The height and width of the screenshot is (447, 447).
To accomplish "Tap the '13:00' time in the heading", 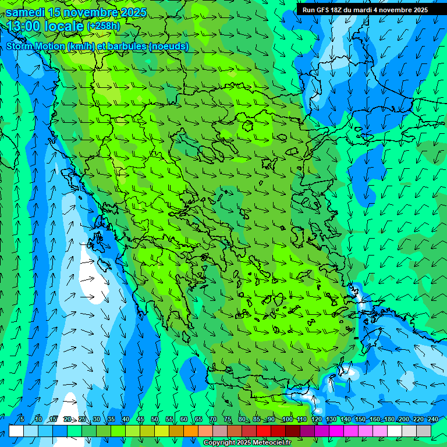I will [x=23, y=27].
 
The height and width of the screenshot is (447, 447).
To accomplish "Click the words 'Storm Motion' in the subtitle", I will [x=36, y=46].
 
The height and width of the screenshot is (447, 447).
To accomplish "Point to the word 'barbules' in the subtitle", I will [x=129, y=46].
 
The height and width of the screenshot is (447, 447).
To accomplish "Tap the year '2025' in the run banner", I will [x=418, y=10].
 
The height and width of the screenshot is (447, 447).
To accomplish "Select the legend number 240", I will [x=432, y=419].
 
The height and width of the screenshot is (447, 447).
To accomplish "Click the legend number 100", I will [x=287, y=419].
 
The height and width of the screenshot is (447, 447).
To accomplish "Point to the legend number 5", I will [x=22, y=419].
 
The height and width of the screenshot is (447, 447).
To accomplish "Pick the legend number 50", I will [x=155, y=419].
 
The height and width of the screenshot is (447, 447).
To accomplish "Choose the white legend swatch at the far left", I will [x=16, y=431].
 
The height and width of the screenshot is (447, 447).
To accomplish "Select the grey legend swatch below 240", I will [x=424, y=431].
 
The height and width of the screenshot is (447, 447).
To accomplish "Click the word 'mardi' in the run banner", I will [x=361, y=10].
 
